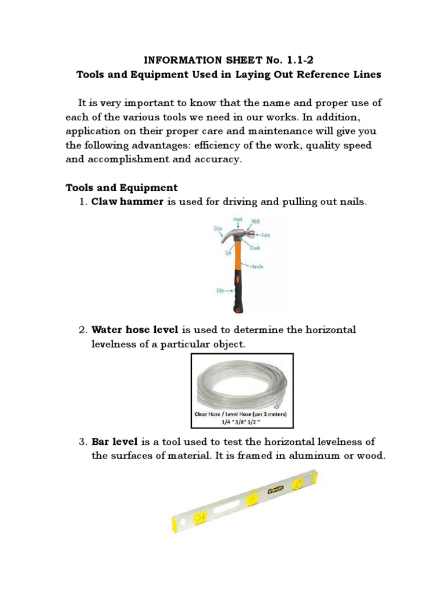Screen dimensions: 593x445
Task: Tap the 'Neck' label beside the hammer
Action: [x=256, y=221]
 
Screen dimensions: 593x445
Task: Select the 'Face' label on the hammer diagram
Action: [x=266, y=235]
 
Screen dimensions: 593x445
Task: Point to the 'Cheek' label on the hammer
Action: [x=255, y=247]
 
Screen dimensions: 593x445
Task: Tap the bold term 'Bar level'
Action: [x=114, y=442]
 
